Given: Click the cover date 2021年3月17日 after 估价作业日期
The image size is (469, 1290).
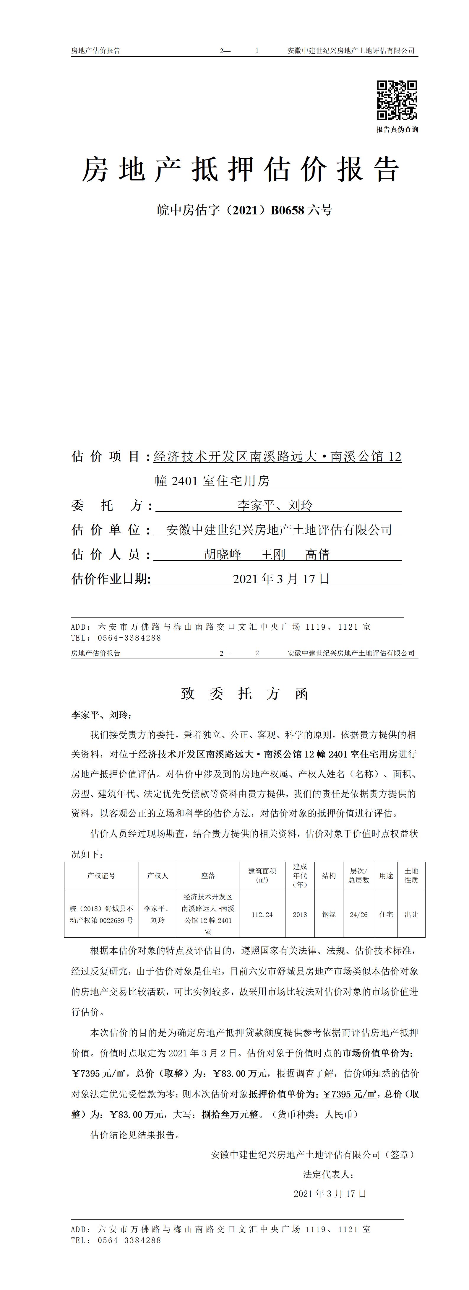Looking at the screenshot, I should (x=281, y=579).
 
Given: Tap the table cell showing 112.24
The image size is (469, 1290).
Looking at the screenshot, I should (x=262, y=914).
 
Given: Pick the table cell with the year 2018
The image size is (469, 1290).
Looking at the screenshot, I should (x=300, y=914).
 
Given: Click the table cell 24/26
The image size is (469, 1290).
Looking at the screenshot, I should (x=359, y=914).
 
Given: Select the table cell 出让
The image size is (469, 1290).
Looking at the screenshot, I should (x=411, y=914).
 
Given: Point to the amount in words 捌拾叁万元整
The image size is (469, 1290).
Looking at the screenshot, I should (x=230, y=1115).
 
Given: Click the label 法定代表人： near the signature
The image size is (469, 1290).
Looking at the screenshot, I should (x=328, y=1174).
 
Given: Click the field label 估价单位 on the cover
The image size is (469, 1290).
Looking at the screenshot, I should (x=106, y=530).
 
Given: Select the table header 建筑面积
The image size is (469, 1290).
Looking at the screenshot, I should (x=262, y=872).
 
